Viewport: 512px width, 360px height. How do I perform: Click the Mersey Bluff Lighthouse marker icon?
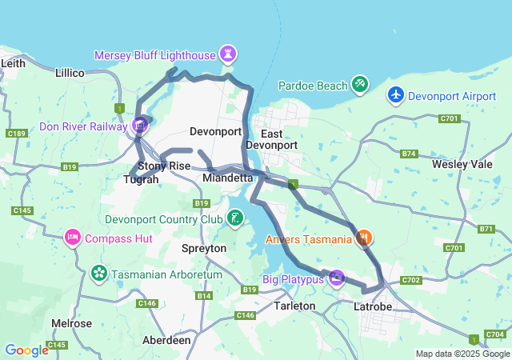tap(230, 54)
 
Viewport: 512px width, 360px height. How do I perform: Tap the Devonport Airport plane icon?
tap(395, 94)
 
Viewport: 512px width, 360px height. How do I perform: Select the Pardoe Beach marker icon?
tap(360, 83)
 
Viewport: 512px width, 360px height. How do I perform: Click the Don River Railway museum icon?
tap(141, 124)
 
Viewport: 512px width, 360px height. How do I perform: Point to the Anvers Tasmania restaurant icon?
tap(364, 237)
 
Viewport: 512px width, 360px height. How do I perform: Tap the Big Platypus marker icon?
tap(337, 277)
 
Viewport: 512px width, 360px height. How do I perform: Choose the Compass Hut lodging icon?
tap(73, 237)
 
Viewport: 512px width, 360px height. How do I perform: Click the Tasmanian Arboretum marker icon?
tap(99, 273)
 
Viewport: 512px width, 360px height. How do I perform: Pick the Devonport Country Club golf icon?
tap(234, 217)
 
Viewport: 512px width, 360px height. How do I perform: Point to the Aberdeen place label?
tap(166, 340)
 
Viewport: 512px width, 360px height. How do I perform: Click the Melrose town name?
tap(71, 323)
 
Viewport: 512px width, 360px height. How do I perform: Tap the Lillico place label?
tap(70, 73)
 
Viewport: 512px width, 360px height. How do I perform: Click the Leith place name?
tap(14, 62)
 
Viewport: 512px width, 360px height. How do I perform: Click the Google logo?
tap(26, 350)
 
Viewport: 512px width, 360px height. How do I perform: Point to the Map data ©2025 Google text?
tap(462, 354)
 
